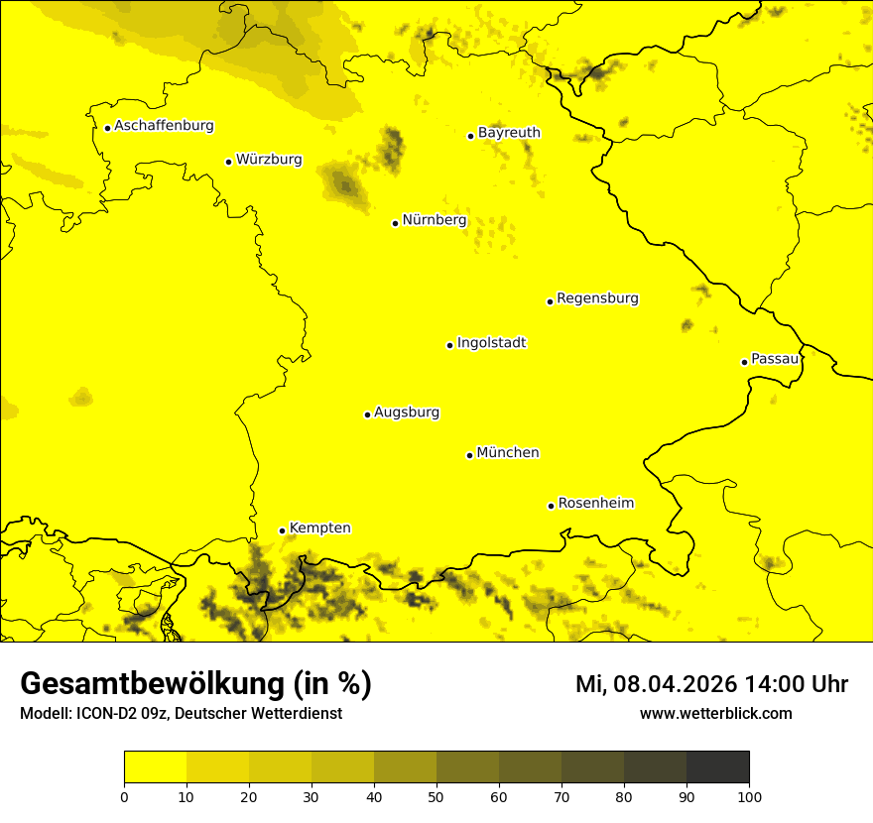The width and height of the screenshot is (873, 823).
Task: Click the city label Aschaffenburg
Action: tap(164, 126)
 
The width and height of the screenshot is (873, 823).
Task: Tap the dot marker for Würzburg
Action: tap(228, 162)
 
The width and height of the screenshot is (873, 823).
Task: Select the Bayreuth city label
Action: tap(509, 133)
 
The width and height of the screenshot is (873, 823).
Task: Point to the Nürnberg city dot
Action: tap(395, 223)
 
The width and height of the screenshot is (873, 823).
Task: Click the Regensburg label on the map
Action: tap(597, 298)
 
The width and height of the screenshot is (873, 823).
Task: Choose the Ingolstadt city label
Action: tap(491, 343)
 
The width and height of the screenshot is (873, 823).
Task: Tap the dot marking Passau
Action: tap(744, 362)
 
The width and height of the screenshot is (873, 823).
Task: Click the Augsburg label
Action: tap(406, 412)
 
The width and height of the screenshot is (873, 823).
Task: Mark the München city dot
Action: tap(469, 455)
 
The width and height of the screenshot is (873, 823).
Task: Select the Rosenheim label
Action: tap(595, 504)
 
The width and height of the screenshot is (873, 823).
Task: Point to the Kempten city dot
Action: tap(282, 530)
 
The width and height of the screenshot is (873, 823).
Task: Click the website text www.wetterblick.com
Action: tap(715, 714)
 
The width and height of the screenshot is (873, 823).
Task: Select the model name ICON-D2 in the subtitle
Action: tap(105, 714)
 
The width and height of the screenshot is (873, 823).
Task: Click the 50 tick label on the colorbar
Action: tap(436, 796)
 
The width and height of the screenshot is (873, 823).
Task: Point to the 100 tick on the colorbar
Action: tap(749, 796)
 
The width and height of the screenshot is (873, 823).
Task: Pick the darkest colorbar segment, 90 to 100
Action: tap(717, 767)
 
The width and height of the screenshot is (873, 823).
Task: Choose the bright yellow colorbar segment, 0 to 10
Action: tap(155, 767)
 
